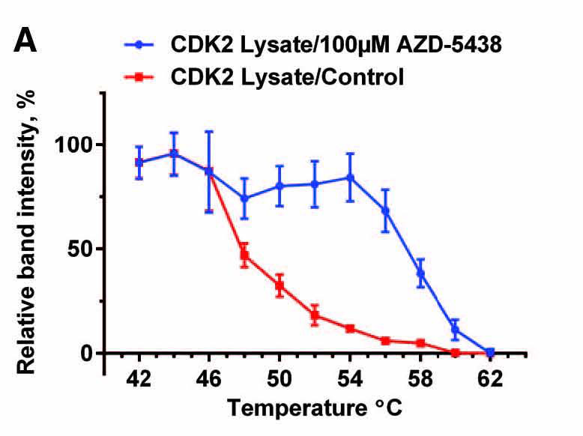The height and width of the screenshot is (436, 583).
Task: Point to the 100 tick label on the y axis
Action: click(x=74, y=145)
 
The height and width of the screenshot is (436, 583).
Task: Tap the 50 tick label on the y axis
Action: click(x=81, y=249)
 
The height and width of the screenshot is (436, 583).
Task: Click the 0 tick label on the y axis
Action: click(x=87, y=353)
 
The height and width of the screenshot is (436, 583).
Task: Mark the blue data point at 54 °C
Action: click(x=349, y=178)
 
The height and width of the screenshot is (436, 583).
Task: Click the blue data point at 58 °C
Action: click(x=420, y=273)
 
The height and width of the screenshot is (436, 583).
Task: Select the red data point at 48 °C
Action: click(x=244, y=255)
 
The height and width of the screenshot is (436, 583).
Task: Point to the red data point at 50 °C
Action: click(x=280, y=285)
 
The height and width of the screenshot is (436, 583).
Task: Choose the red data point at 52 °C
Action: click(x=315, y=315)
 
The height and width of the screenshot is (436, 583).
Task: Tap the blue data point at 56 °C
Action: click(x=385, y=211)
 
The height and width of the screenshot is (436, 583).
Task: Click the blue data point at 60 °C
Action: click(x=455, y=329)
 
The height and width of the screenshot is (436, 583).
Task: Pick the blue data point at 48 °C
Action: click(x=244, y=199)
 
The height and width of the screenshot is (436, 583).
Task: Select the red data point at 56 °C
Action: click(x=385, y=341)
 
